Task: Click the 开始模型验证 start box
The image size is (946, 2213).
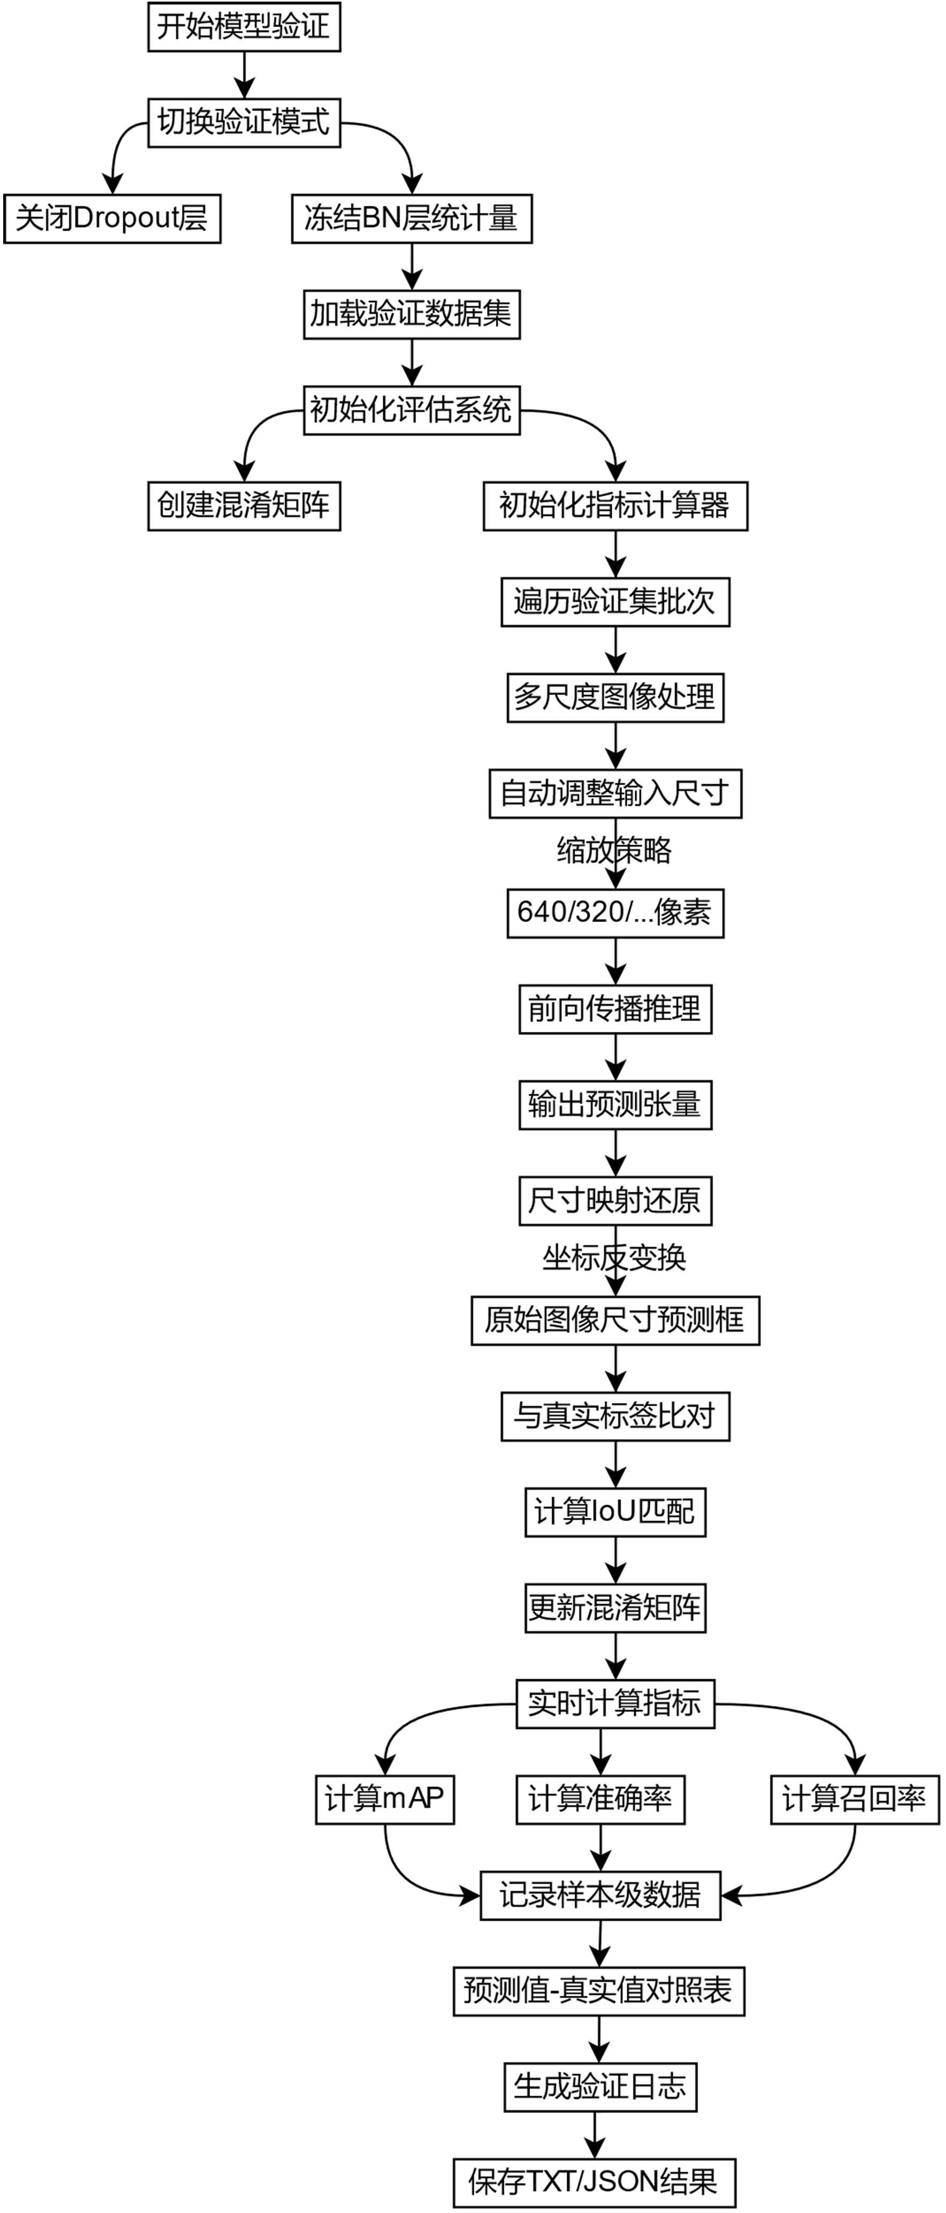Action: pos(244,27)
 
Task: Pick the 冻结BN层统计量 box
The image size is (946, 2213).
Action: pos(412,218)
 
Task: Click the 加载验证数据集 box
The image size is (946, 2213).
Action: pos(412,314)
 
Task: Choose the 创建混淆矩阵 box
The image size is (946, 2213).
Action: pos(244,505)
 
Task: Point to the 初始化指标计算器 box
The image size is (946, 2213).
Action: pos(615,505)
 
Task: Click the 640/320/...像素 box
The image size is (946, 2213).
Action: pos(615,912)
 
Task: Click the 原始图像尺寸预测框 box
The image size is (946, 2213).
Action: pos(615,1321)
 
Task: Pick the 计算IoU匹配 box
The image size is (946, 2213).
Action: pos(615,1512)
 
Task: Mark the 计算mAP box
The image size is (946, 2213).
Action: pos(384,1799)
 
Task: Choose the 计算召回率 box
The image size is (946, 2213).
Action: pos(854,1799)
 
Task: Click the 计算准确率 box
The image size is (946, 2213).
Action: pos(600,1799)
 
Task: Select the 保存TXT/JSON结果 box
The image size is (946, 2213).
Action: pos(595,2182)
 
